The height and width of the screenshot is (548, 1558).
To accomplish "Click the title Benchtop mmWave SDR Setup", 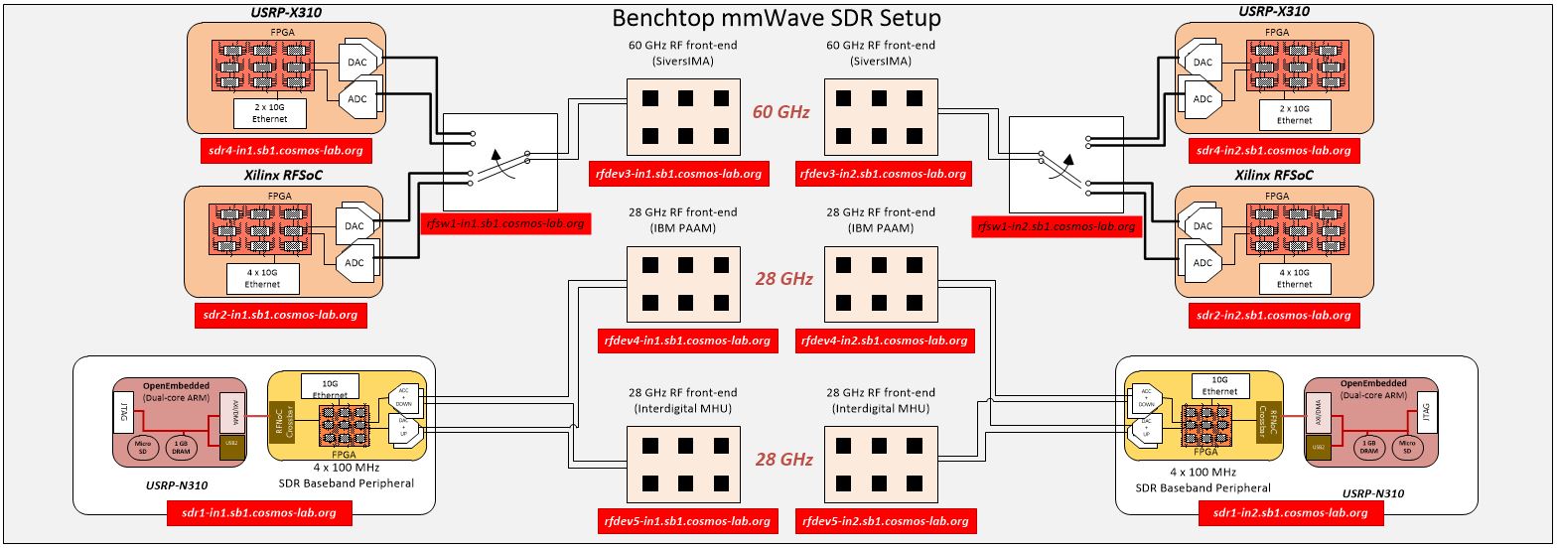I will pos(776,18).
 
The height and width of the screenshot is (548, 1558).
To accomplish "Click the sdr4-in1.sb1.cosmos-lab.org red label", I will pos(285,151).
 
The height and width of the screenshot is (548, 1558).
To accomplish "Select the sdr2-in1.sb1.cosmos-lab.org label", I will pos(280,315).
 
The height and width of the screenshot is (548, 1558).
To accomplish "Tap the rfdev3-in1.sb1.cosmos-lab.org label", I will pos(678,173).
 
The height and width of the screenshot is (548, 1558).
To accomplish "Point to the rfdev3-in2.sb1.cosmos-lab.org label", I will pos(883,173).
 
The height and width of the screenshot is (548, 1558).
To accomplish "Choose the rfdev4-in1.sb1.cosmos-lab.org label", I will pos(686,341).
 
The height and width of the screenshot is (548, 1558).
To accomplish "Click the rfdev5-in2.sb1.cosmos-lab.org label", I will pos(885,520).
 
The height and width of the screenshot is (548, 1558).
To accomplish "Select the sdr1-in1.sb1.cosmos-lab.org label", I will pos(259,513).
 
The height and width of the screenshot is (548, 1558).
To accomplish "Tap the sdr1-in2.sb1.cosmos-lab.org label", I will pos(1290,513).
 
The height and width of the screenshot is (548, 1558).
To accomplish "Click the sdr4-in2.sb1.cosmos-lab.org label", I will pos(1273,151).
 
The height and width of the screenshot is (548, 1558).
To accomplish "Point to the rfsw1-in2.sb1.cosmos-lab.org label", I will pos(1056,226).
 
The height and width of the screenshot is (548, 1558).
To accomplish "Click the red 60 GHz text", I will pos(780,112).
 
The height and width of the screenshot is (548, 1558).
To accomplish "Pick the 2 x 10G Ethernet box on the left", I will pos(269,113).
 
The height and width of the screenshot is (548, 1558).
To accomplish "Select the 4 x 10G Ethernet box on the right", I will pos(1294,278).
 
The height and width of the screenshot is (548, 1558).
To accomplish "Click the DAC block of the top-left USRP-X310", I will pos(357,62).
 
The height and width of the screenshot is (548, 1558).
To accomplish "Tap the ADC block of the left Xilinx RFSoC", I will pos(354,263).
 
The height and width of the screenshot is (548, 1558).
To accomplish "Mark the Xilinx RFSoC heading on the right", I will pos(1273,175).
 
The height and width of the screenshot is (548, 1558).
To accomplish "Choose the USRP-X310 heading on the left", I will pos(285,13).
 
